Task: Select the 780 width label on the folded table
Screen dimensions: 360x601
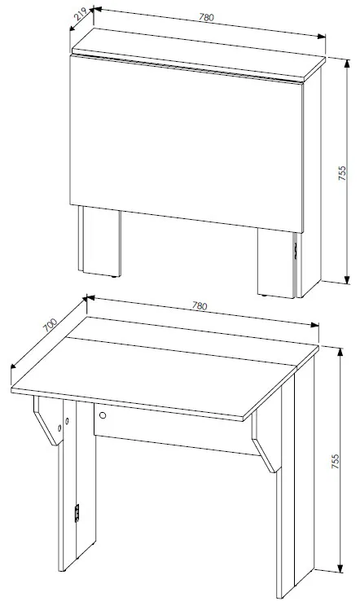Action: [x=206, y=17]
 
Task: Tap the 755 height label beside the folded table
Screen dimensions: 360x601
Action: [x=342, y=173]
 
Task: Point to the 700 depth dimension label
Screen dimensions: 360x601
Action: [x=50, y=325]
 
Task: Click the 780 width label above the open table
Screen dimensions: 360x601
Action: [x=200, y=306]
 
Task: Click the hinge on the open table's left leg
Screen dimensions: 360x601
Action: [x=77, y=513]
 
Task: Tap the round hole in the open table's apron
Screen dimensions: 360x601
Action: [x=103, y=415]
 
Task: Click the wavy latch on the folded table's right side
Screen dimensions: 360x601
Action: [x=296, y=250]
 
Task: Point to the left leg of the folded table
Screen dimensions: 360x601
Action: [x=99, y=241]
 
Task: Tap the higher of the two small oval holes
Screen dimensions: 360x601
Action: [x=67, y=421]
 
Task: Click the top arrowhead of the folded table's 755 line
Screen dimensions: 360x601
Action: [x=347, y=63]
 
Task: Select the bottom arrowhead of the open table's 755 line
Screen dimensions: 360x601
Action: [x=340, y=568]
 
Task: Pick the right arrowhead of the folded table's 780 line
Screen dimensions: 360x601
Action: [x=322, y=36]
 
